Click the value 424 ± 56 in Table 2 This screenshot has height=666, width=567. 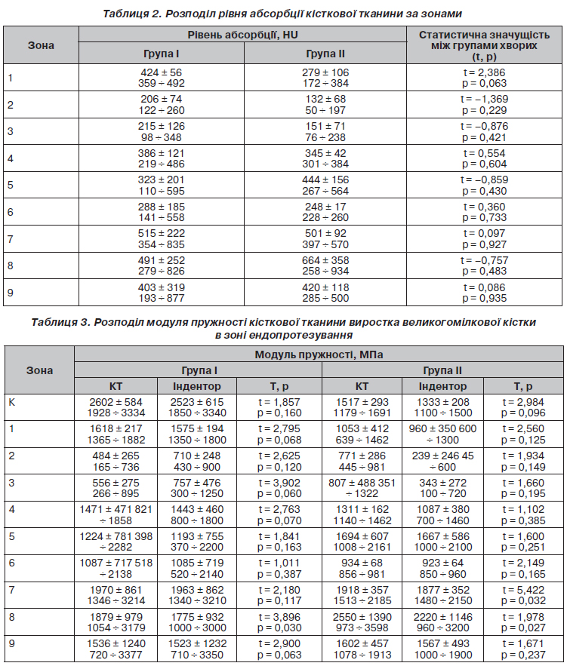point(162,72)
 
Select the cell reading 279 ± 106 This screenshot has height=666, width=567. point(325,72)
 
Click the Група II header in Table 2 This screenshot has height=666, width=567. point(325,54)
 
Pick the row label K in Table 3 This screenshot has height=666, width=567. point(11,402)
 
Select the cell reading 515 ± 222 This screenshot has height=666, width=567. point(162,233)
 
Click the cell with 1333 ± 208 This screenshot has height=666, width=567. point(443,403)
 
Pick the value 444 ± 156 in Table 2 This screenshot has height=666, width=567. point(325,180)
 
